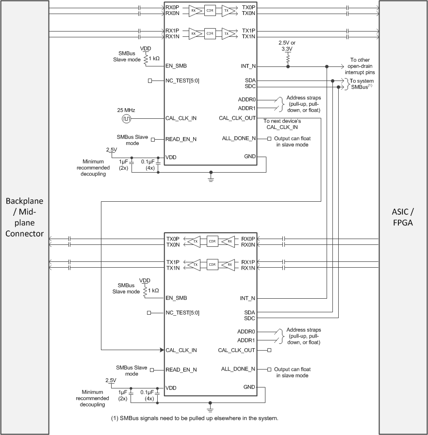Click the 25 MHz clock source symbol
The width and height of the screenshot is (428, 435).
126,118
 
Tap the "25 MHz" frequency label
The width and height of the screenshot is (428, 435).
126,109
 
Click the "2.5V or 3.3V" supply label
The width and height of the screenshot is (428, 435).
288,46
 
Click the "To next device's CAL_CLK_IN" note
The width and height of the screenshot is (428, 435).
281,124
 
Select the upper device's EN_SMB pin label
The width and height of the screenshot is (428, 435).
176,66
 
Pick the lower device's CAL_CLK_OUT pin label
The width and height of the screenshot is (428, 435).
237,350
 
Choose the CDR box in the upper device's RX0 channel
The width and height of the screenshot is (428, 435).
210,10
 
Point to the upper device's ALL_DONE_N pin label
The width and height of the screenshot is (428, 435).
238,139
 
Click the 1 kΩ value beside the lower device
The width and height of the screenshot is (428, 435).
154,290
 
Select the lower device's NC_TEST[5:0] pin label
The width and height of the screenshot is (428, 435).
182,313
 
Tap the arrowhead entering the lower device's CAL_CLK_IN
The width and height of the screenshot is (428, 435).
162,350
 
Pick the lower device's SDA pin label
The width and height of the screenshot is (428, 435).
250,312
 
